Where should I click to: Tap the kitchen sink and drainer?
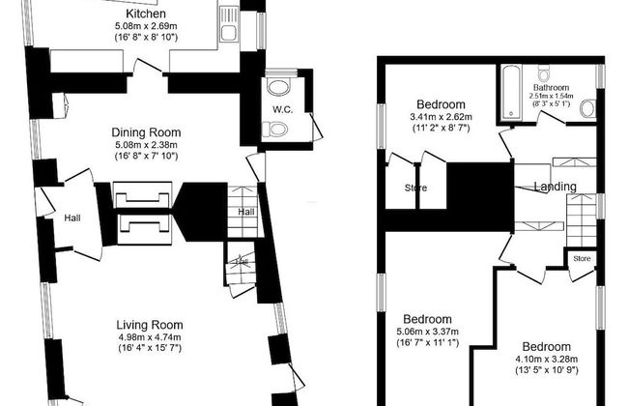(229, 24)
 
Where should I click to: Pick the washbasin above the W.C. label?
(280, 88)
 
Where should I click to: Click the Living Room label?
(149, 325)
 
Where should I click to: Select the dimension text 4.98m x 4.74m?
(149, 337)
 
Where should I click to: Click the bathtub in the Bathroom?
(510, 93)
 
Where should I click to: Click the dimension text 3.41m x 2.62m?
(441, 117)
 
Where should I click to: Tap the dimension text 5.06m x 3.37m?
(426, 332)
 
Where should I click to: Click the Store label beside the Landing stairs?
(581, 258)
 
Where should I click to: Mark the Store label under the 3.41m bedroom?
(415, 188)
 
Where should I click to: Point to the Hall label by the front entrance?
(72, 218)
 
